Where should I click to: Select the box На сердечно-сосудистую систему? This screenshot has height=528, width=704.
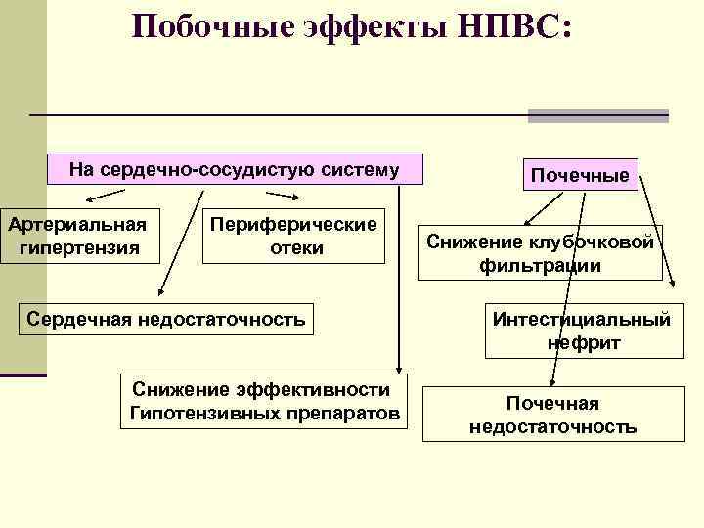(235, 170)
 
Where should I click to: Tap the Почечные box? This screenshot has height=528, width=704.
(580, 176)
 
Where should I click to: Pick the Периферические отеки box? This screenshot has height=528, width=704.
(294, 236)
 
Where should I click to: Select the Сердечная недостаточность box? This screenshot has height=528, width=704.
(166, 318)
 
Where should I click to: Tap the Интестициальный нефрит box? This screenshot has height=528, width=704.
(583, 331)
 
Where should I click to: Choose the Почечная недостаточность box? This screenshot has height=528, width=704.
(552, 415)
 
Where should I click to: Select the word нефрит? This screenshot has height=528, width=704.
(584, 343)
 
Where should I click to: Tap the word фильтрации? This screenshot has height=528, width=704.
(541, 266)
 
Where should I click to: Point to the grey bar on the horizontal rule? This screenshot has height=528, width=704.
(597, 115)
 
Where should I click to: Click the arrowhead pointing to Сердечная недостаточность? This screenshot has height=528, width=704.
(162, 290)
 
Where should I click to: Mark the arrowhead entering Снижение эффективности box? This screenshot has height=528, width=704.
(397, 367)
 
